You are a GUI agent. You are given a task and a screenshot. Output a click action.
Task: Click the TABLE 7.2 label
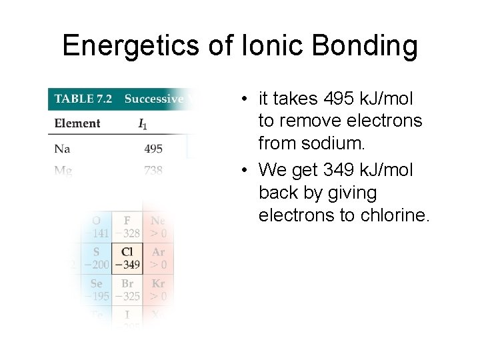(x=83, y=99)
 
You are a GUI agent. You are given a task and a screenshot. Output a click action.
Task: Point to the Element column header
(x=77, y=123)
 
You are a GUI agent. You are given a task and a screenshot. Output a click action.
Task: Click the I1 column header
(x=143, y=123)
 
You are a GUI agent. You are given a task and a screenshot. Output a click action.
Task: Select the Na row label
(x=62, y=148)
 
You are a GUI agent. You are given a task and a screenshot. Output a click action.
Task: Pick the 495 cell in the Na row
(x=153, y=149)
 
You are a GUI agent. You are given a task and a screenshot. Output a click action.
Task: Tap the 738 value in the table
(x=153, y=171)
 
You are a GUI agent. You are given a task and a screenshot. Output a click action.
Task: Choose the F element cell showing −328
(x=127, y=227)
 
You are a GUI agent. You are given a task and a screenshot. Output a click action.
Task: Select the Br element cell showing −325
(x=127, y=290)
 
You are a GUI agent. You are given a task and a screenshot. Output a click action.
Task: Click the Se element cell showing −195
(x=97, y=290)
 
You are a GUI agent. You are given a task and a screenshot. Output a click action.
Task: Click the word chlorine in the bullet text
(x=390, y=215)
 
